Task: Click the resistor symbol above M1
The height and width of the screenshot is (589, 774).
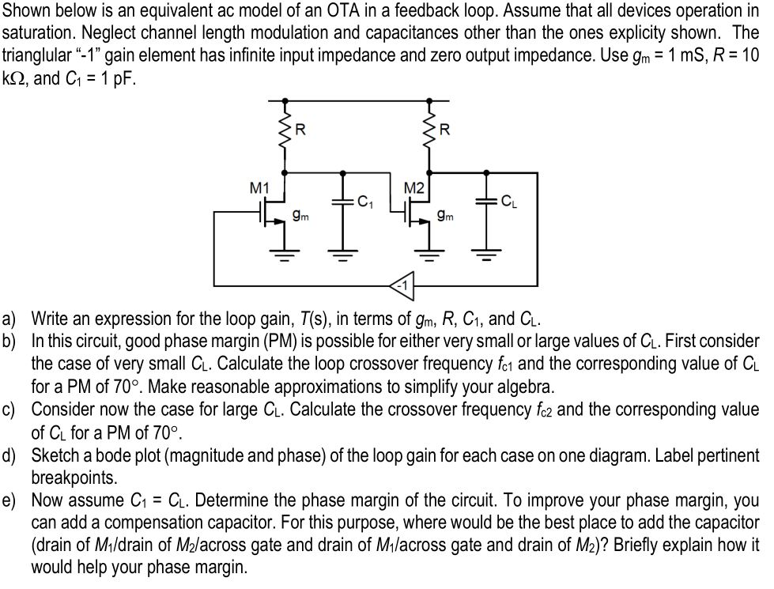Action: click(285, 131)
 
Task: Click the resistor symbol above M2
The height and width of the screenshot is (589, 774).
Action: click(431, 131)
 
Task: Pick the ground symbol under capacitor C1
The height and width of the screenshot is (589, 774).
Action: click(342, 255)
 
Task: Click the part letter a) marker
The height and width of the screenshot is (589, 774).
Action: click(9, 319)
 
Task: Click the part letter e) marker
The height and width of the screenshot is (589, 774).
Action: click(9, 501)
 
